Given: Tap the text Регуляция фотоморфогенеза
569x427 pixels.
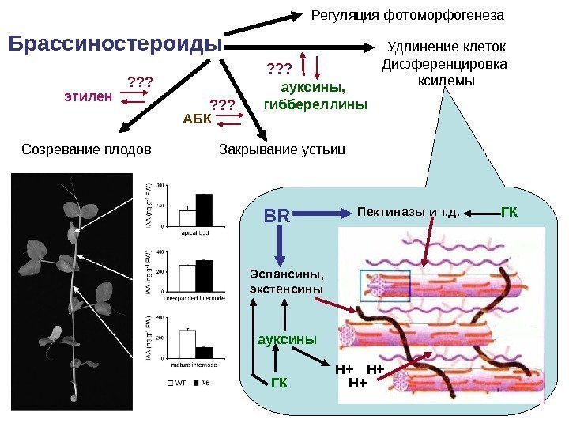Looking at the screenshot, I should click(x=408, y=15).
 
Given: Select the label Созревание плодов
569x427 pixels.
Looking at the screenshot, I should click(x=85, y=148).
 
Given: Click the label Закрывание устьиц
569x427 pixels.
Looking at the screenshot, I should click(x=281, y=148).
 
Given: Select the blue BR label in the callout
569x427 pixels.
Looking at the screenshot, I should click(x=277, y=215).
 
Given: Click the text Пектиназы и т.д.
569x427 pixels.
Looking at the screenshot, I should click(x=409, y=212).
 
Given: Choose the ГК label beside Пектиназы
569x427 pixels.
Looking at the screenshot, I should click(x=510, y=211).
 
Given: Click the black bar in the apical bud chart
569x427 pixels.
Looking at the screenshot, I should click(x=204, y=210).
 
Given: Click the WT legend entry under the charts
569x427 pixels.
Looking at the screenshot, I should click(x=179, y=384).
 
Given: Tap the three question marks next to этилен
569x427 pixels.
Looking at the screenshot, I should click(x=139, y=81).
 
